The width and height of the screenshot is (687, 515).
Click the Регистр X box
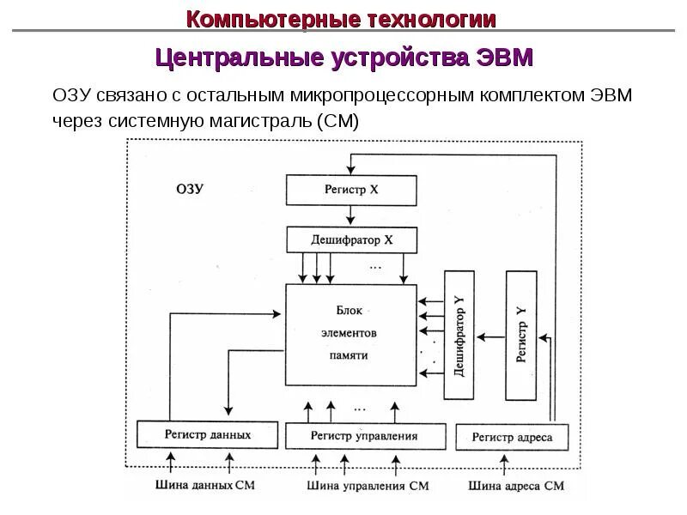point(351,191)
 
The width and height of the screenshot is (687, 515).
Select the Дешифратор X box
point(351,240)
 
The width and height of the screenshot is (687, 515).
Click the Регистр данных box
point(208,435)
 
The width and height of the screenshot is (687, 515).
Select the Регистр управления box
point(366,435)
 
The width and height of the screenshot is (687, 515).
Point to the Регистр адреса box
point(512,437)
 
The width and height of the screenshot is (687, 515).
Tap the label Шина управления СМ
point(368,486)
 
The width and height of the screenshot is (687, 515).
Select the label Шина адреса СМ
point(517,486)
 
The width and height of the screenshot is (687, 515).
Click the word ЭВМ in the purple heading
point(503,58)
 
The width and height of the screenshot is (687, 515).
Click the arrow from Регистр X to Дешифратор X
point(351,215)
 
